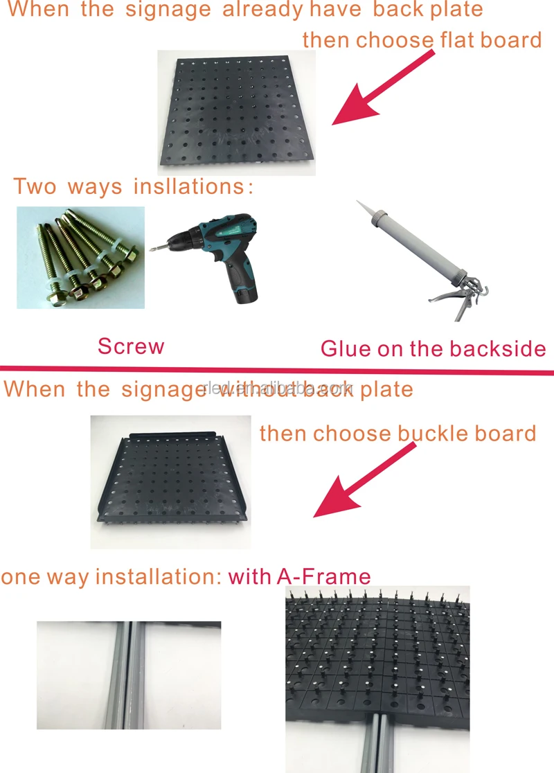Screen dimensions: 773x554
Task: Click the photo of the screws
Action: pos(80,258)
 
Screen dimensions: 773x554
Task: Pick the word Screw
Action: pos(131,346)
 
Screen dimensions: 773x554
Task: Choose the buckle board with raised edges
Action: pos(173,481)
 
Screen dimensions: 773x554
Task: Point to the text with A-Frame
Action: pos(299,576)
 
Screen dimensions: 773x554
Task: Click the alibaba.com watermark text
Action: pos(280,389)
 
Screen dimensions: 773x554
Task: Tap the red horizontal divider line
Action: pos(277,368)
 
